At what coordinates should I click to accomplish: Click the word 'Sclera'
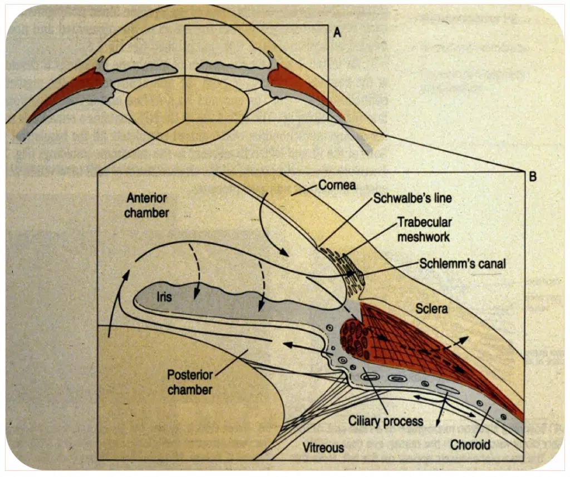(431, 307)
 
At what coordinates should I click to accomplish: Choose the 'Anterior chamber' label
(147, 204)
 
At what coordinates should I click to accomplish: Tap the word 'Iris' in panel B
(164, 297)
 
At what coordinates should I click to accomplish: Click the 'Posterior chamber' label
(190, 382)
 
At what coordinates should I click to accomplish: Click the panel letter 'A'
(336, 33)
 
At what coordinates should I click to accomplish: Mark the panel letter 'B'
(533, 177)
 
